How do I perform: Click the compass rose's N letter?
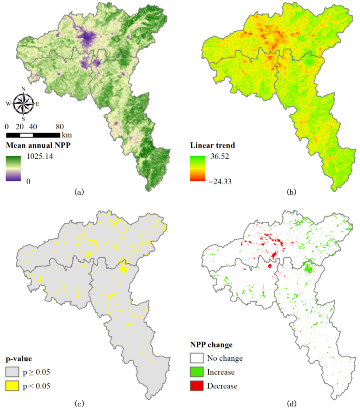click(23, 89)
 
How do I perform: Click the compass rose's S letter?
click(23, 119)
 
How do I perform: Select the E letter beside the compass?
click(38, 104)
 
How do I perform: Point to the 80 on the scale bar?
click(60, 126)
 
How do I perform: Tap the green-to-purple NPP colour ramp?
click(13, 169)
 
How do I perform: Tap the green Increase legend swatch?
click(196, 372)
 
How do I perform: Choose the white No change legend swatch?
click(196, 358)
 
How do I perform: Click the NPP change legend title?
click(211, 345)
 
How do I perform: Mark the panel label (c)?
click(79, 403)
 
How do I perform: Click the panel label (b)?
click(291, 192)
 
